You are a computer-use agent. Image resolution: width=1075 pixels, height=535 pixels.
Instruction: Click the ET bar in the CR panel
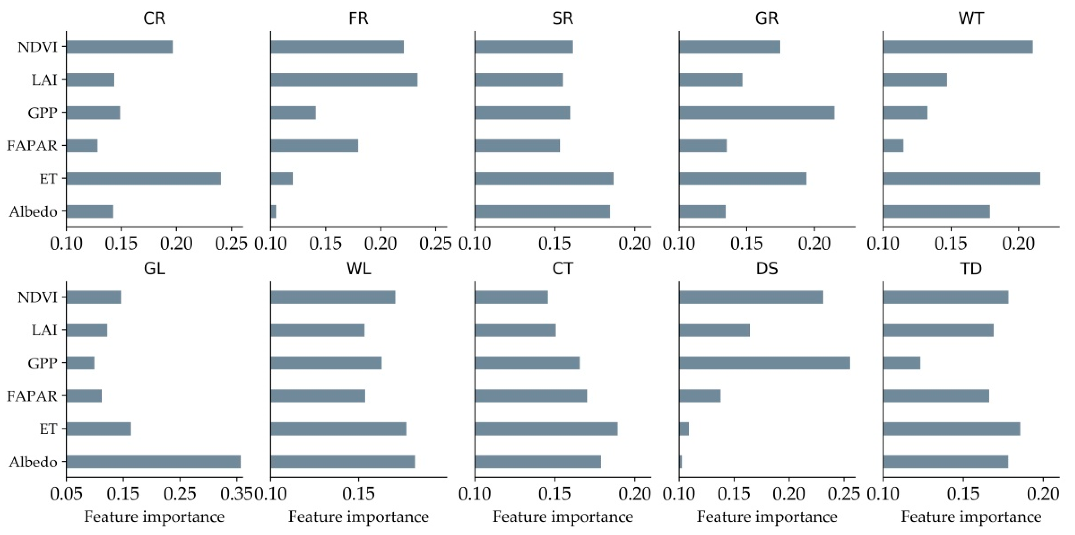click(x=143, y=179)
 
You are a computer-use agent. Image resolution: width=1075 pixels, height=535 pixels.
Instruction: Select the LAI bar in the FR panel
click(x=344, y=80)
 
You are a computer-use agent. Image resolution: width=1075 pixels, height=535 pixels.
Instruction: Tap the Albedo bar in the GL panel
click(x=153, y=462)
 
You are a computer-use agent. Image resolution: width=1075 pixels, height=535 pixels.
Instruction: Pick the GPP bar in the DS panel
click(x=764, y=363)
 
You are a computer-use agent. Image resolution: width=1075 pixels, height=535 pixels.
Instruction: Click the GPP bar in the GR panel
click(x=757, y=113)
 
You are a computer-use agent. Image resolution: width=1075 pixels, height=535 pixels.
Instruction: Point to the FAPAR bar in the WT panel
click(x=893, y=146)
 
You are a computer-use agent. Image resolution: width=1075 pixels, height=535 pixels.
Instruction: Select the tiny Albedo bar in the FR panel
click(x=273, y=212)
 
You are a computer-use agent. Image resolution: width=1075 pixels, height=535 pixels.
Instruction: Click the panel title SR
click(x=562, y=18)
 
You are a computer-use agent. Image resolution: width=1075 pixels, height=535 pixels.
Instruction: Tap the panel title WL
click(x=358, y=269)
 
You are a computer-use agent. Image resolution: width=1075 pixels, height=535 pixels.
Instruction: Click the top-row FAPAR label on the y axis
click(x=32, y=146)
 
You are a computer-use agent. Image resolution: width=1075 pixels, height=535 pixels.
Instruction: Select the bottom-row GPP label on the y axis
click(x=42, y=363)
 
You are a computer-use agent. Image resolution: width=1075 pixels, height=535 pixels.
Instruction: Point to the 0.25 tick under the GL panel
click(x=180, y=494)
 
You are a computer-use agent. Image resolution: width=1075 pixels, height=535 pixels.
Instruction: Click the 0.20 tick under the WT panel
click(x=1018, y=244)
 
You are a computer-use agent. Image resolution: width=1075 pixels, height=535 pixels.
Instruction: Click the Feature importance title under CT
click(x=562, y=517)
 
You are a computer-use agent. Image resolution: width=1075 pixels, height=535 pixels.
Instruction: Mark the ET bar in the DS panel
click(x=684, y=429)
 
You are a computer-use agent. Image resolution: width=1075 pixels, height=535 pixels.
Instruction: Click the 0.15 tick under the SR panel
click(x=555, y=244)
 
